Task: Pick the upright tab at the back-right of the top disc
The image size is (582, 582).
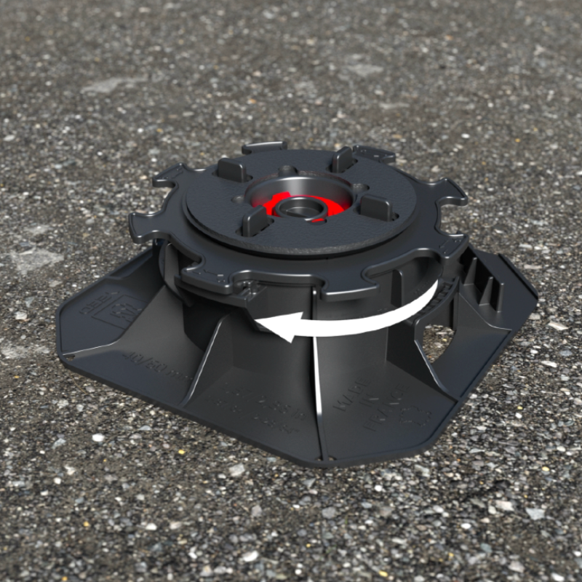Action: (342, 159)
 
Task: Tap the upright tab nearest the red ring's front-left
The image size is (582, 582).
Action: (254, 220)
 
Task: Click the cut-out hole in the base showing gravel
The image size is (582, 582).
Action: (436, 343)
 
